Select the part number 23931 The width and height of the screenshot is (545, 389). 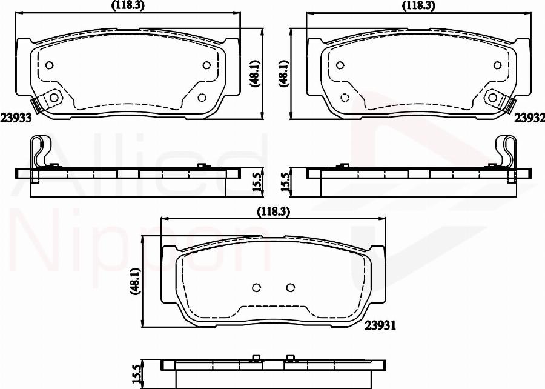pyautogui.click(x=380, y=325)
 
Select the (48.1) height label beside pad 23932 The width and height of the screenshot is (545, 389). pyautogui.click(x=282, y=74)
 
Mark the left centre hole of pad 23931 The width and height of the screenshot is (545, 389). pyautogui.click(x=256, y=288)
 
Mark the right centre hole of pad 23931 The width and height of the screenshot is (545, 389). pyautogui.click(x=290, y=288)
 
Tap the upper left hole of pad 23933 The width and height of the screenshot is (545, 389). pyautogui.click(x=50, y=65)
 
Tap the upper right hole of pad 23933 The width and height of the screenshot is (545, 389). pyautogui.click(x=206, y=65)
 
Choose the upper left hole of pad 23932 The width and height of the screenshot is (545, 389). pyautogui.click(x=341, y=65)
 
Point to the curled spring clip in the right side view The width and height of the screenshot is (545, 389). pyautogui.click(x=506, y=151)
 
